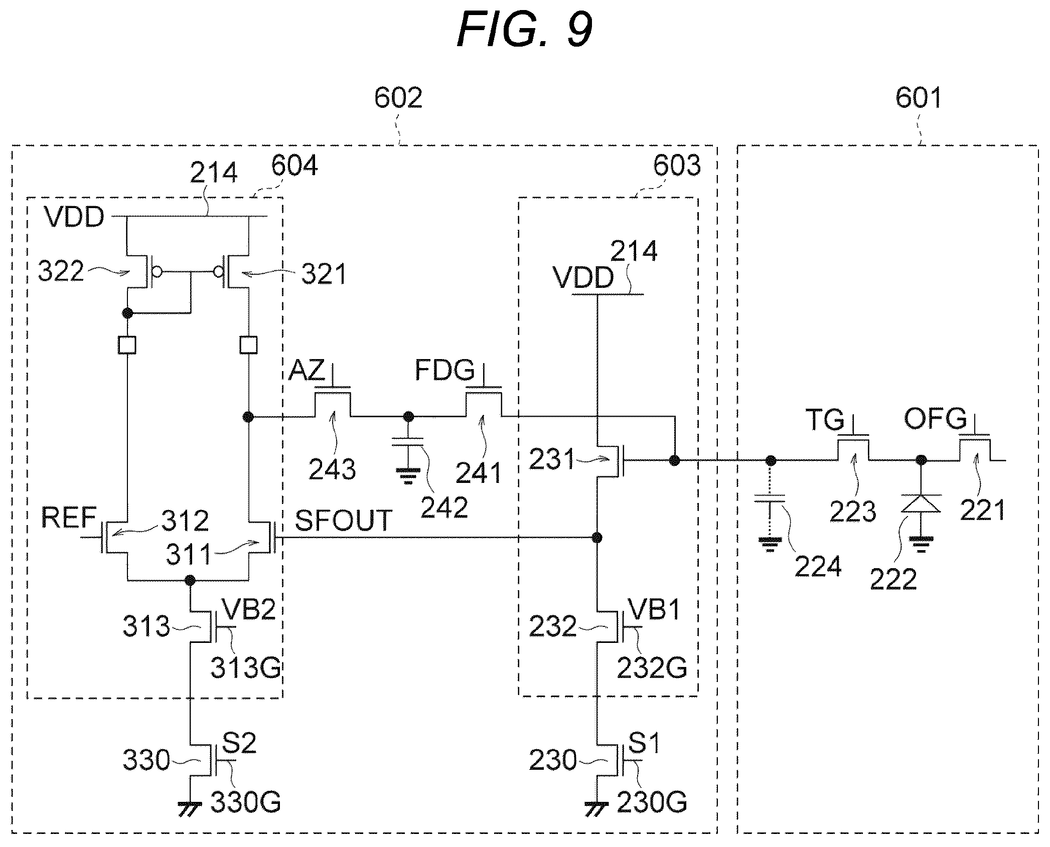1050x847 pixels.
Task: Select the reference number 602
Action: pos(398,97)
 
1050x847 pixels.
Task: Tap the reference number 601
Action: pos(919,97)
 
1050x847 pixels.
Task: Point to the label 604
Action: pos(294,165)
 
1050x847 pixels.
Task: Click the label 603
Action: pos(677,165)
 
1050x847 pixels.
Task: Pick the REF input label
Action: pos(69,518)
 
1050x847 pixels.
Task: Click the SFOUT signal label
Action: pos(343,521)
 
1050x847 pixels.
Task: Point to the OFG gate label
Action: pos(935,418)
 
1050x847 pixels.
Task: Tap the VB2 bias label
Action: pos(249,610)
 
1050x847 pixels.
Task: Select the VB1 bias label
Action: pos(655,610)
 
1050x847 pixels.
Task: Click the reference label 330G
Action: pos(245,803)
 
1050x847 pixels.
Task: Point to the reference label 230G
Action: pos(652,803)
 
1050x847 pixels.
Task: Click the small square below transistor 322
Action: pos(127,345)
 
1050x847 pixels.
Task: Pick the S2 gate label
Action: pos(239,743)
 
